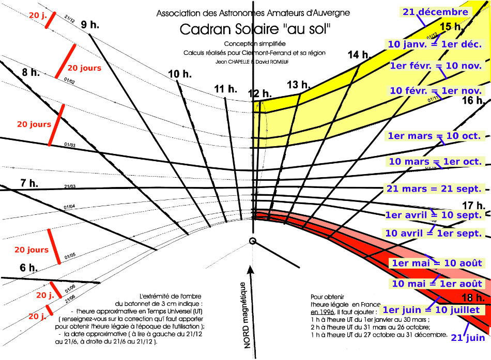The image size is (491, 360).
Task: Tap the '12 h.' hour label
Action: click(259, 93)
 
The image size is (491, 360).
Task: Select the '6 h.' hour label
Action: click(29, 268)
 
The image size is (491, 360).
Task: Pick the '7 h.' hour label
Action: click(29, 183)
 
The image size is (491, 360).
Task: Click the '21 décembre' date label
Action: click(437, 12)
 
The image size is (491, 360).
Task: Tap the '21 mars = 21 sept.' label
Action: click(434, 188)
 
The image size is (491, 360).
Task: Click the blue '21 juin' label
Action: click(468, 338)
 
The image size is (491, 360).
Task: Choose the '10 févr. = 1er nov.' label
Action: click(436, 91)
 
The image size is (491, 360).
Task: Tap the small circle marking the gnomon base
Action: click(252, 241)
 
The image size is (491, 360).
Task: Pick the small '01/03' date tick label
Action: click(70, 145)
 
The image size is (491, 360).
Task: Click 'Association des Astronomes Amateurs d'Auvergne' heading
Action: click(253, 13)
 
